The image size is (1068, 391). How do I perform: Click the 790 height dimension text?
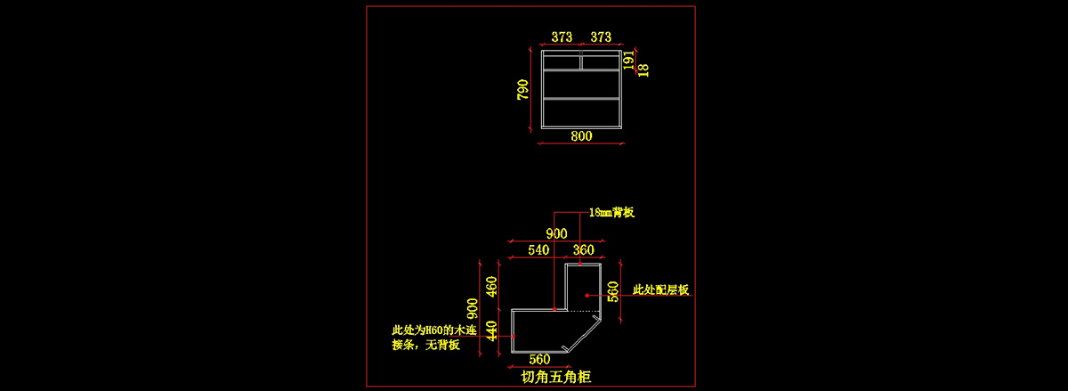click(523, 91)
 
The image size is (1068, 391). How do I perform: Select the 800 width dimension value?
click(581, 136)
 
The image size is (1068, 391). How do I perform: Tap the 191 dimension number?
click(628, 60)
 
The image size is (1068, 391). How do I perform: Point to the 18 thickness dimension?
click(643, 69)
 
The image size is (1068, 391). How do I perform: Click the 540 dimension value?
click(538, 250)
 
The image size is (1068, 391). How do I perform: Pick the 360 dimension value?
click(583, 250)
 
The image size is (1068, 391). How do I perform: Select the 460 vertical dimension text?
click(491, 287)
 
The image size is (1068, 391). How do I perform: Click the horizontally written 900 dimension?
click(556, 232)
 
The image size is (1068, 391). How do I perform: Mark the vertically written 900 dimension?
click(473, 310)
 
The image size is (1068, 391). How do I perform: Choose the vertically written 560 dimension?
click(612, 291)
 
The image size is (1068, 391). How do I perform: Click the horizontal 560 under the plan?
click(538, 359)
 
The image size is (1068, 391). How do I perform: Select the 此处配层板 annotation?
click(660, 290)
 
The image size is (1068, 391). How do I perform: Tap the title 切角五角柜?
click(556, 378)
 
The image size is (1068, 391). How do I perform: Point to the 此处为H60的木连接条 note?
click(433, 337)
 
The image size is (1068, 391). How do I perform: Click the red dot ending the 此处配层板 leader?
click(586, 294)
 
